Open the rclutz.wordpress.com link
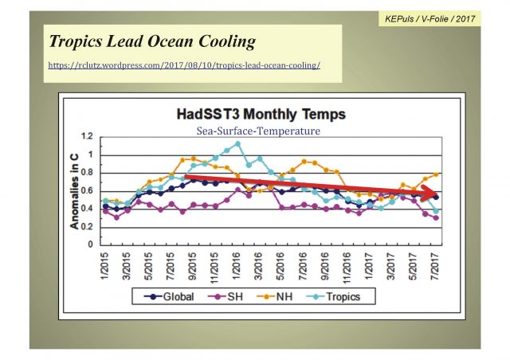click(x=185, y=65)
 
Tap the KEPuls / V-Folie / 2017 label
click(x=428, y=17)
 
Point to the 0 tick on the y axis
click(x=92, y=245)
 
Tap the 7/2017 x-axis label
click(x=436, y=265)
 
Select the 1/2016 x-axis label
click(x=237, y=265)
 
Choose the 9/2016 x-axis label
click(x=326, y=265)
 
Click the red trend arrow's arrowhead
click(x=435, y=196)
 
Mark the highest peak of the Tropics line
click(x=237, y=144)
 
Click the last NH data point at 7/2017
click(x=436, y=174)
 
